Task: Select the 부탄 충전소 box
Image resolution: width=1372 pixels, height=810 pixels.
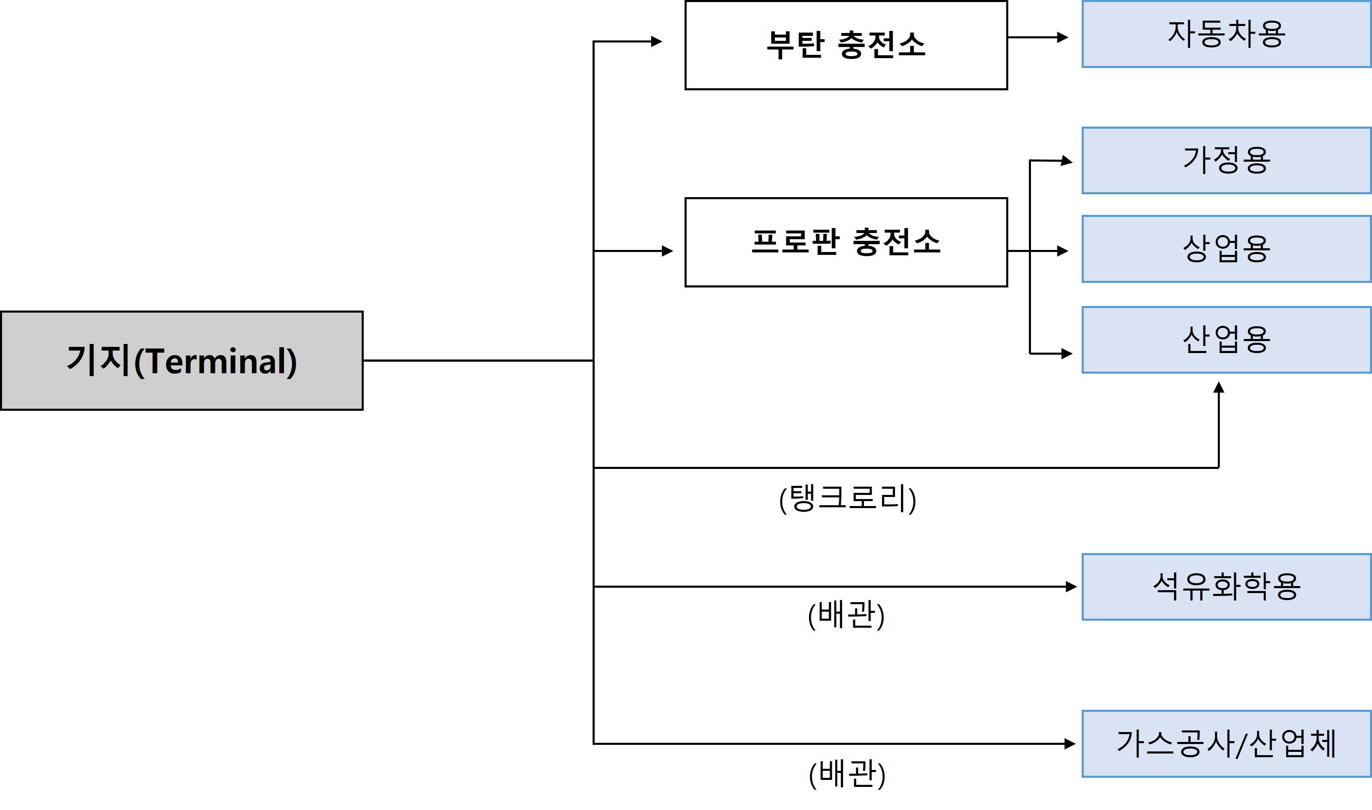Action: (846, 45)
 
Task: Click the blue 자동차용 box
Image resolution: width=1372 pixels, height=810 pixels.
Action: (1226, 34)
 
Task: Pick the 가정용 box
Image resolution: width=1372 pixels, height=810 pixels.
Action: (1226, 160)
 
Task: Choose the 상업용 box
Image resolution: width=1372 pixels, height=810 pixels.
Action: (1226, 249)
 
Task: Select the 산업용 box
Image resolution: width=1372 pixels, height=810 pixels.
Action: (1226, 340)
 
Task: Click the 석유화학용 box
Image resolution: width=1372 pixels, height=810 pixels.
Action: (1226, 587)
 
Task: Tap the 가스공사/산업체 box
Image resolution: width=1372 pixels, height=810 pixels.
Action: (1226, 744)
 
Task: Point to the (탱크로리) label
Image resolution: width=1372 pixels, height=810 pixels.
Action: (847, 498)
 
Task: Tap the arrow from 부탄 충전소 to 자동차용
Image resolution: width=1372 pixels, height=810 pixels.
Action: (1037, 38)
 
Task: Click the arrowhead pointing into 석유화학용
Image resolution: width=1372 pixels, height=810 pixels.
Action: (1071, 587)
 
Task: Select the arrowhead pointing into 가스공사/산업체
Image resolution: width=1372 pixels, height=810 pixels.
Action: (1070, 744)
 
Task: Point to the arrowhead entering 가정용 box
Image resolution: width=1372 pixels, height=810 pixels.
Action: (1067, 161)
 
